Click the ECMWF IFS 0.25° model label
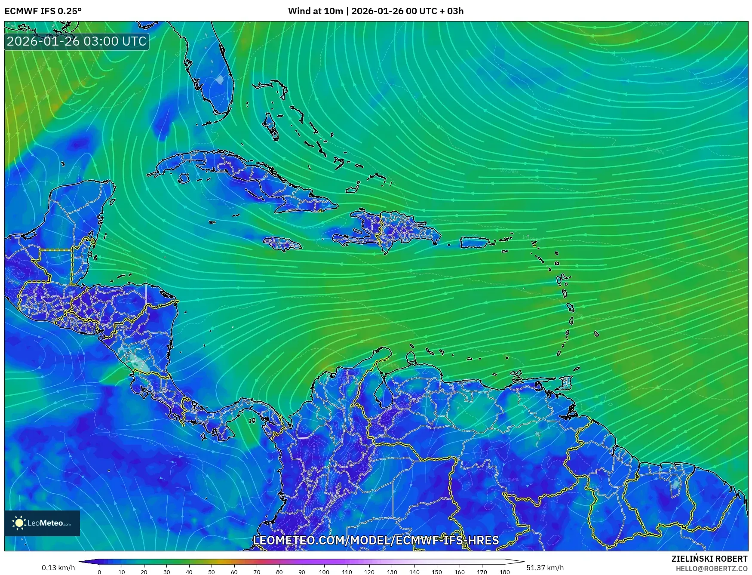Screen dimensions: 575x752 (x=43, y=11)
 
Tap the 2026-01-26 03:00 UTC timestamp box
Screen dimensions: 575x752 (x=77, y=41)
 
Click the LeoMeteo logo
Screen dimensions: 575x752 (x=42, y=523)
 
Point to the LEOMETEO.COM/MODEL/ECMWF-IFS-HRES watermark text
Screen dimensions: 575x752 (x=376, y=540)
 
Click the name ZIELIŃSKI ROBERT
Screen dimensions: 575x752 (x=709, y=559)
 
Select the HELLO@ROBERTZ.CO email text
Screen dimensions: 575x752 (x=711, y=569)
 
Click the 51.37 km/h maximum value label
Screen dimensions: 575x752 (x=545, y=568)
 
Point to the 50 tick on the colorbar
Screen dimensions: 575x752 (x=212, y=572)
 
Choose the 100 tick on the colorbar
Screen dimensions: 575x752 (x=324, y=572)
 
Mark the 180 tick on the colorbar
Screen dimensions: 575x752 (x=505, y=572)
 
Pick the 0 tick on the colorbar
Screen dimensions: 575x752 (x=99, y=572)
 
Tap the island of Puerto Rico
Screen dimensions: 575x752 (x=475, y=242)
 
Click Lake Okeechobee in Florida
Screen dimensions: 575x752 (x=220, y=79)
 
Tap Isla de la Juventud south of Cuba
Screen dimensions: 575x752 (x=184, y=178)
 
